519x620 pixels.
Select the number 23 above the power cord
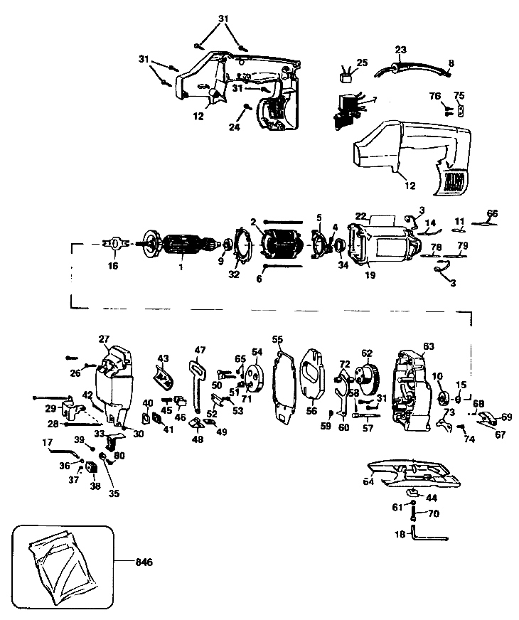(x=400, y=50)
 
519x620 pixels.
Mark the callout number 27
(x=104, y=339)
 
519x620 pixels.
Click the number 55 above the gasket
(x=277, y=340)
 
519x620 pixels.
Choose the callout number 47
(x=200, y=350)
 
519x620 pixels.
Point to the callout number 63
(x=428, y=346)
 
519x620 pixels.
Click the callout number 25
(x=362, y=63)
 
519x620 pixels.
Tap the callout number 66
(x=492, y=213)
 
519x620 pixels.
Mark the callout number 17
(x=49, y=442)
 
